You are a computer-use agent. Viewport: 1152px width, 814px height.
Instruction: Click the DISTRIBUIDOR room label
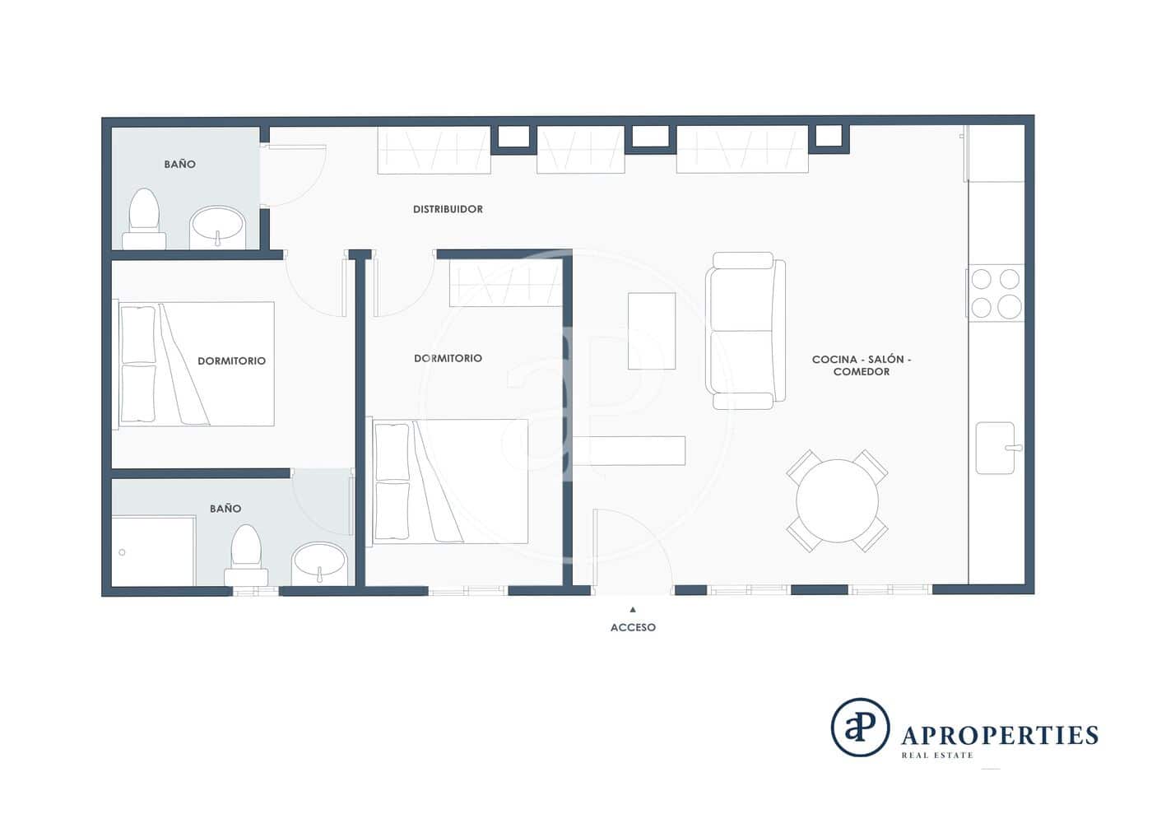pos(448,209)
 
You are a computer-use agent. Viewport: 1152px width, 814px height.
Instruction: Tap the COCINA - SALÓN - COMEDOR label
pos(861,365)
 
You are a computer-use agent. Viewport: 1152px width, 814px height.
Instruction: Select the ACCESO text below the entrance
pos(633,627)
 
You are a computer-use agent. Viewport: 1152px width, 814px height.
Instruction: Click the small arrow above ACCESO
pos(633,610)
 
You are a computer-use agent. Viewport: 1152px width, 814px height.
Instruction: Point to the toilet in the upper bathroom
pos(144,217)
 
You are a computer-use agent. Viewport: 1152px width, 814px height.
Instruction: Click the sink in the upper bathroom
pos(217,226)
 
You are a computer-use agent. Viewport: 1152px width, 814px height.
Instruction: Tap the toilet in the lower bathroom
pos(246,556)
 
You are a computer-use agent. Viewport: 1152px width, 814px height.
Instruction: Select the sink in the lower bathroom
pos(319,563)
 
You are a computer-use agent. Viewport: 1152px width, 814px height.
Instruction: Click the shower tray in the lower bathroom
pos(153,551)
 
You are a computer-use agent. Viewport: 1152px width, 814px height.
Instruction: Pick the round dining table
pos(837,500)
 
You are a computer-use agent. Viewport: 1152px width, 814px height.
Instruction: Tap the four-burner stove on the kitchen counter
pos(996,292)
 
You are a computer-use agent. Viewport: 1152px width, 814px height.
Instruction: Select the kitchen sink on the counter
pos(996,448)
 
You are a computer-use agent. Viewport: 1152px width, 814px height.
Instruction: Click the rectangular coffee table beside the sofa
pos(652,331)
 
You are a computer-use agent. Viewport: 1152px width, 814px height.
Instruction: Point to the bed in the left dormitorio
pos(197,364)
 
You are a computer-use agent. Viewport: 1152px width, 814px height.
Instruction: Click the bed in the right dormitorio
pos(450,481)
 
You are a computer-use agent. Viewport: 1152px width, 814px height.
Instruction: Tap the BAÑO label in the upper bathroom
pos(179,164)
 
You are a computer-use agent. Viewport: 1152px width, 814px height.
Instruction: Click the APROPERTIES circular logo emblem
pos(860,728)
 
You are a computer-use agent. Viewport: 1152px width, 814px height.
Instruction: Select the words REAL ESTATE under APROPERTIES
pos(936,755)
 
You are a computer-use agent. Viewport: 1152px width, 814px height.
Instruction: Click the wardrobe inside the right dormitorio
pos(505,283)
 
